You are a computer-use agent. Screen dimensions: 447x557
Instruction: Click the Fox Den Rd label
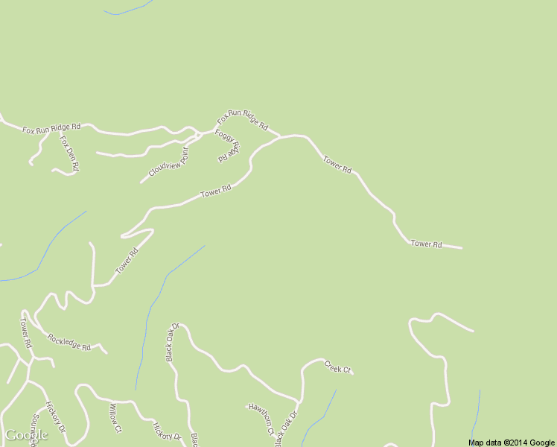pyautogui.click(x=69, y=153)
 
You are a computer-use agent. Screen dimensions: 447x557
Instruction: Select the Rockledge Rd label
pyautogui.click(x=69, y=343)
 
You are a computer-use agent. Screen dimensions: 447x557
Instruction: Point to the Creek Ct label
pyautogui.click(x=337, y=367)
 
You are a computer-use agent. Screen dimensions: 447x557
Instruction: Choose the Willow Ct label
pyautogui.click(x=115, y=418)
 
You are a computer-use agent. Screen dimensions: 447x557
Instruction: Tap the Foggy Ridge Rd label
pyautogui.click(x=228, y=145)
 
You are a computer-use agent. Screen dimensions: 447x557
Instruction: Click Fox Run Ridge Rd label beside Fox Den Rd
pyautogui.click(x=51, y=129)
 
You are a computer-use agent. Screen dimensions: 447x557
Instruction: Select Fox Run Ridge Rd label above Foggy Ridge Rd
pyautogui.click(x=242, y=119)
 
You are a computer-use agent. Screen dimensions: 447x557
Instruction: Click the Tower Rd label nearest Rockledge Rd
pyautogui.click(x=26, y=334)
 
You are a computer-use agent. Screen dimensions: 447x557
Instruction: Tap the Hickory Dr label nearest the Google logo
pyautogui.click(x=56, y=419)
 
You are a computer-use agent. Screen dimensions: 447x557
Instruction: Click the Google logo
pyautogui.click(x=26, y=435)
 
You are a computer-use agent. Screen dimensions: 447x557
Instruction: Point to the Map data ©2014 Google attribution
pyautogui.click(x=512, y=443)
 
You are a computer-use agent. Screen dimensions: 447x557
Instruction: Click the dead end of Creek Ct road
pyautogui.click(x=352, y=372)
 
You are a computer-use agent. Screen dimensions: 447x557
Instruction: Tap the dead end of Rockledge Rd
pyautogui.click(x=106, y=353)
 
